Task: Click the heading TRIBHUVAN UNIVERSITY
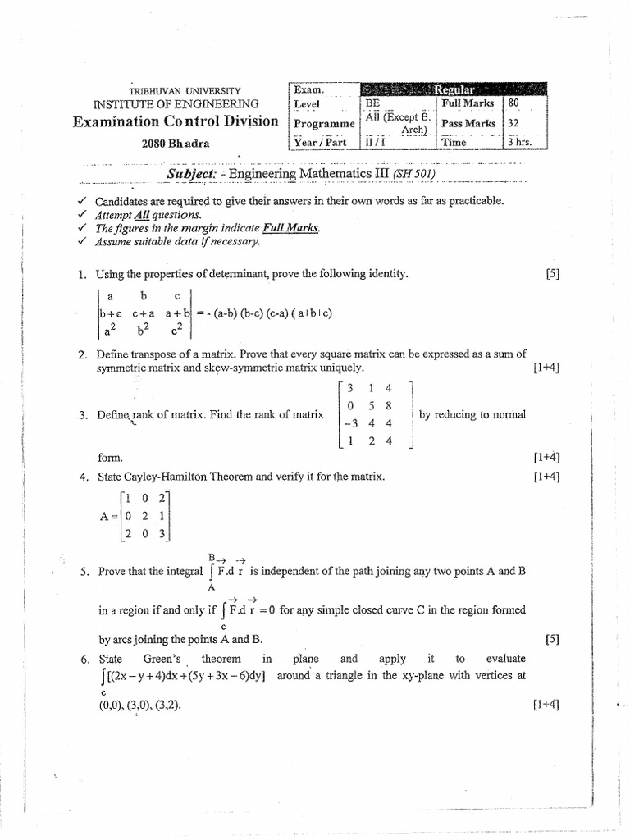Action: pos(187,89)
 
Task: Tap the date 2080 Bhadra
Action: pos(176,142)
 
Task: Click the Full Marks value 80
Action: pos(514,103)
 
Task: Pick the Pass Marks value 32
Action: pos(514,123)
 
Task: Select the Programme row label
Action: pos(325,123)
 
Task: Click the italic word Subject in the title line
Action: pos(192,174)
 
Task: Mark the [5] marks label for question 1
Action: pos(551,275)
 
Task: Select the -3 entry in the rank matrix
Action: pos(352,423)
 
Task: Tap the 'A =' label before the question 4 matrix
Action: pos(107,516)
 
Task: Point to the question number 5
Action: pos(84,572)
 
